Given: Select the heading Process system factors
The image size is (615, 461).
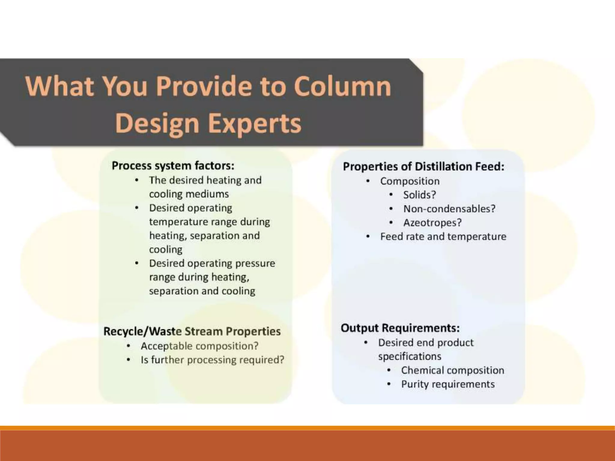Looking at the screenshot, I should pos(173,166).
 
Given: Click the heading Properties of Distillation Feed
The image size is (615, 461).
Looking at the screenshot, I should pos(423,167).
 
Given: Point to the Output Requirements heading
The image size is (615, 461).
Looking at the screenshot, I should pos(400,328).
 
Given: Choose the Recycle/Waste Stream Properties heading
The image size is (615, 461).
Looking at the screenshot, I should pos(192,331).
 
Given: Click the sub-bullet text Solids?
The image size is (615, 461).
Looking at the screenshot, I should pos(419,195).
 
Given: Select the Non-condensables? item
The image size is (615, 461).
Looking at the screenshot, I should pos(449,209).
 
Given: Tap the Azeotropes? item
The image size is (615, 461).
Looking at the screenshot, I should pos(432,223).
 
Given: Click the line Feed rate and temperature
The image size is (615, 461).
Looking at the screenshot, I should pos(443,237).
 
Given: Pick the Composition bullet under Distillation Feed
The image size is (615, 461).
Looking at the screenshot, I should pos(410,181).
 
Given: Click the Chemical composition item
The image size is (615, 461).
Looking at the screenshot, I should pos(452,370).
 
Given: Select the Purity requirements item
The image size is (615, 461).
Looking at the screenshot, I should pos(448,384).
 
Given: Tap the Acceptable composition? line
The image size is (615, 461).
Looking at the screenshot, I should pos(199,346).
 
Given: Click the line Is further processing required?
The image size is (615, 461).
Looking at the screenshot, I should pos(212,360).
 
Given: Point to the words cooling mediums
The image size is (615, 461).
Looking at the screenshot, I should pos(189,194).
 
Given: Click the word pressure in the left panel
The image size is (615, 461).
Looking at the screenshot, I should pos(255,264).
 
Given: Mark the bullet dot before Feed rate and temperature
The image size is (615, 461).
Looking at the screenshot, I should pos(368,237).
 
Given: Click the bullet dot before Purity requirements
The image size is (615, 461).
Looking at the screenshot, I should pos(389,384).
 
